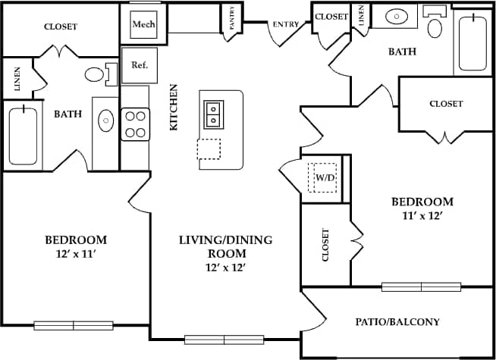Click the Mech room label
[143, 24]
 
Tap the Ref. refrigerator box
[140, 65]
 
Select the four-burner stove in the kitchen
[135, 124]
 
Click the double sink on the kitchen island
[212, 113]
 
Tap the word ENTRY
[285, 24]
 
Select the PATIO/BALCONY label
[397, 321]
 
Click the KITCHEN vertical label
[174, 107]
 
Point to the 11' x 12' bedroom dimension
[422, 215]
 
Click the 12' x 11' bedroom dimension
[75, 253]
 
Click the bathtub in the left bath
[23, 137]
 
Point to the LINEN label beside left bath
[17, 77]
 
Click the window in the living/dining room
[224, 340]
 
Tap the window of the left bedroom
[74, 326]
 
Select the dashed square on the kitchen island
[209, 149]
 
